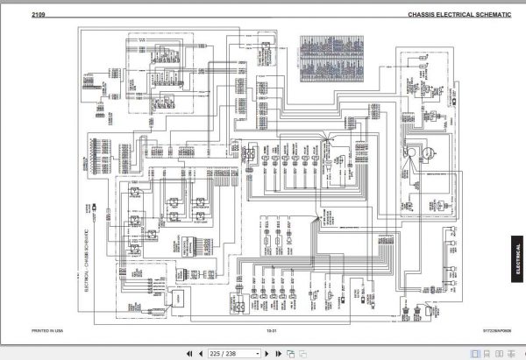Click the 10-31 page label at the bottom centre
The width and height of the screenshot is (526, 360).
pyautogui.click(x=272, y=330)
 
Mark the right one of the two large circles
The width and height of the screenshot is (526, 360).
pyautogui.click(x=425, y=152)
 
